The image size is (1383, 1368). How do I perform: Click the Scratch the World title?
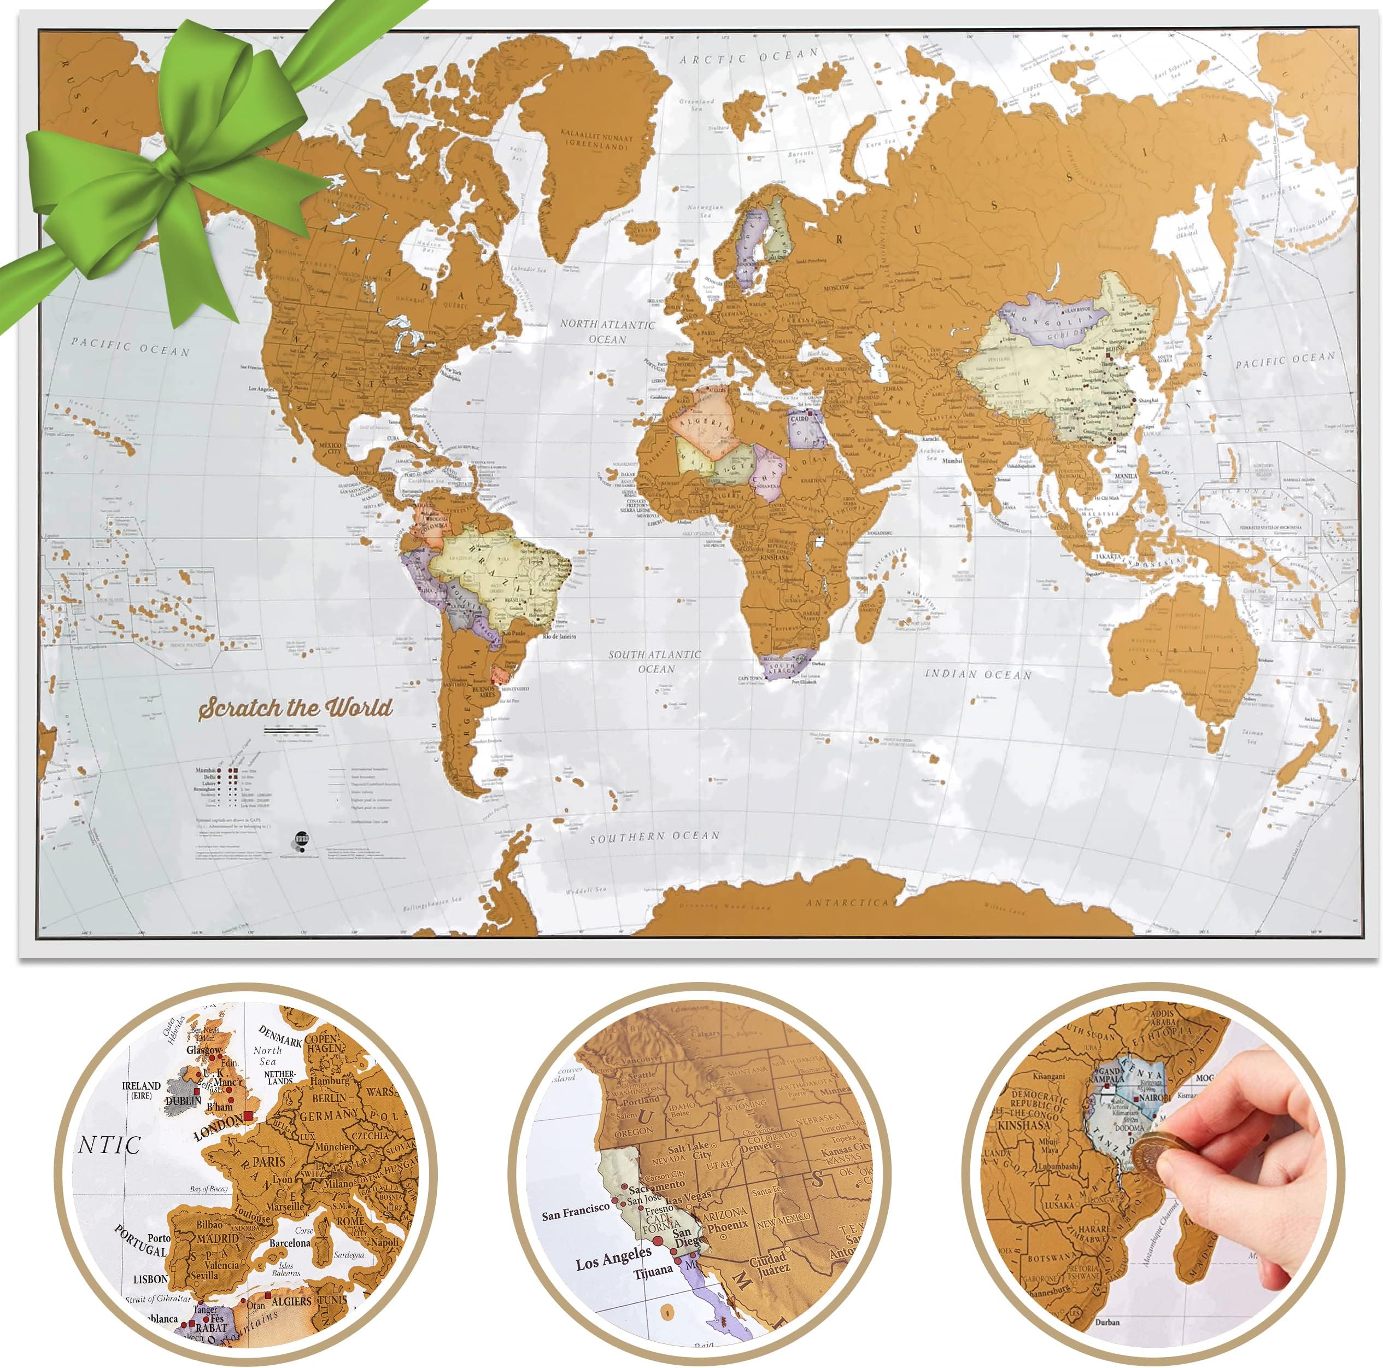click(296, 708)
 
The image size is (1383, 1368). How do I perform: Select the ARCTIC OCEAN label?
click(749, 56)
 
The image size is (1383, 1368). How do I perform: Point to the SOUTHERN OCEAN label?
click(654, 836)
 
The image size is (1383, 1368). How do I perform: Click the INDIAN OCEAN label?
click(978, 674)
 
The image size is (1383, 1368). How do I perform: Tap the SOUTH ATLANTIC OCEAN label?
click(654, 662)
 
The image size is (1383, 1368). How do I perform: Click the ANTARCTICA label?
click(847, 903)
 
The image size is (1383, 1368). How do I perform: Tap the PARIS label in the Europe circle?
click(268, 1161)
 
